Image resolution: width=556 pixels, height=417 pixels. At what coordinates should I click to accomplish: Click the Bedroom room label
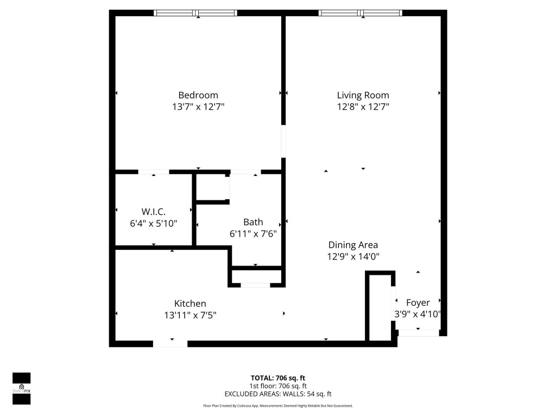[198, 95]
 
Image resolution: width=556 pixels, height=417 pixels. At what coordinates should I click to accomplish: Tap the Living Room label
[363, 95]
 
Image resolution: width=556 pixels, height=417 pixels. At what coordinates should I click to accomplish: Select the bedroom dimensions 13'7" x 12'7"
[198, 107]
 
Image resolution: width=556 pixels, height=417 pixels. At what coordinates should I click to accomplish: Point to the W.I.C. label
[153, 211]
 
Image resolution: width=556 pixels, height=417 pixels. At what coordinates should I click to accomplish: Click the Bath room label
[253, 222]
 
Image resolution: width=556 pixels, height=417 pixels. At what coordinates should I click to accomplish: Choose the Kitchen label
[190, 304]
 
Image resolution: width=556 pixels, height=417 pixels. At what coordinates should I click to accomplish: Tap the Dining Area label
[353, 245]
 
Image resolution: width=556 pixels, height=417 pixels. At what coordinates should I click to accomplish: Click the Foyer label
[418, 302]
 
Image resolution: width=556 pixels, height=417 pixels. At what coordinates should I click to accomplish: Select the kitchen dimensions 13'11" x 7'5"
[190, 315]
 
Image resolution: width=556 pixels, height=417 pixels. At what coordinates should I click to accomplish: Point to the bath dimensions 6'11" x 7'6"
[253, 233]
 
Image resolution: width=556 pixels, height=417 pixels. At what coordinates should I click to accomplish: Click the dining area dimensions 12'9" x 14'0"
[353, 257]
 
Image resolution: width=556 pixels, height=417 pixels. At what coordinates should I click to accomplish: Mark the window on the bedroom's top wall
[195, 13]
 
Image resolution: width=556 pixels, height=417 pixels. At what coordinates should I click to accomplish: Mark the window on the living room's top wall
[361, 13]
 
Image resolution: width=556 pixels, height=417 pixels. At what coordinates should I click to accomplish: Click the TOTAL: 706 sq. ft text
[278, 378]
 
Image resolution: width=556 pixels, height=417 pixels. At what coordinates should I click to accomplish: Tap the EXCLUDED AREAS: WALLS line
[278, 394]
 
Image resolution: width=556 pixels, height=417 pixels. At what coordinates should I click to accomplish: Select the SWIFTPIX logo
[21, 388]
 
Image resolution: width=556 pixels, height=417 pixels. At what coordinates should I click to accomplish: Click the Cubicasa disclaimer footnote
[278, 406]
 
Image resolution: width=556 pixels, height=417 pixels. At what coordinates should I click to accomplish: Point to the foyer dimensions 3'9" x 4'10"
[417, 314]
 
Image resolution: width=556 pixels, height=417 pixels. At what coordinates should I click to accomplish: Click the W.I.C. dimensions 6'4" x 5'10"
[153, 223]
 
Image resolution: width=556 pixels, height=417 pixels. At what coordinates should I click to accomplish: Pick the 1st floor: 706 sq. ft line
[278, 386]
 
